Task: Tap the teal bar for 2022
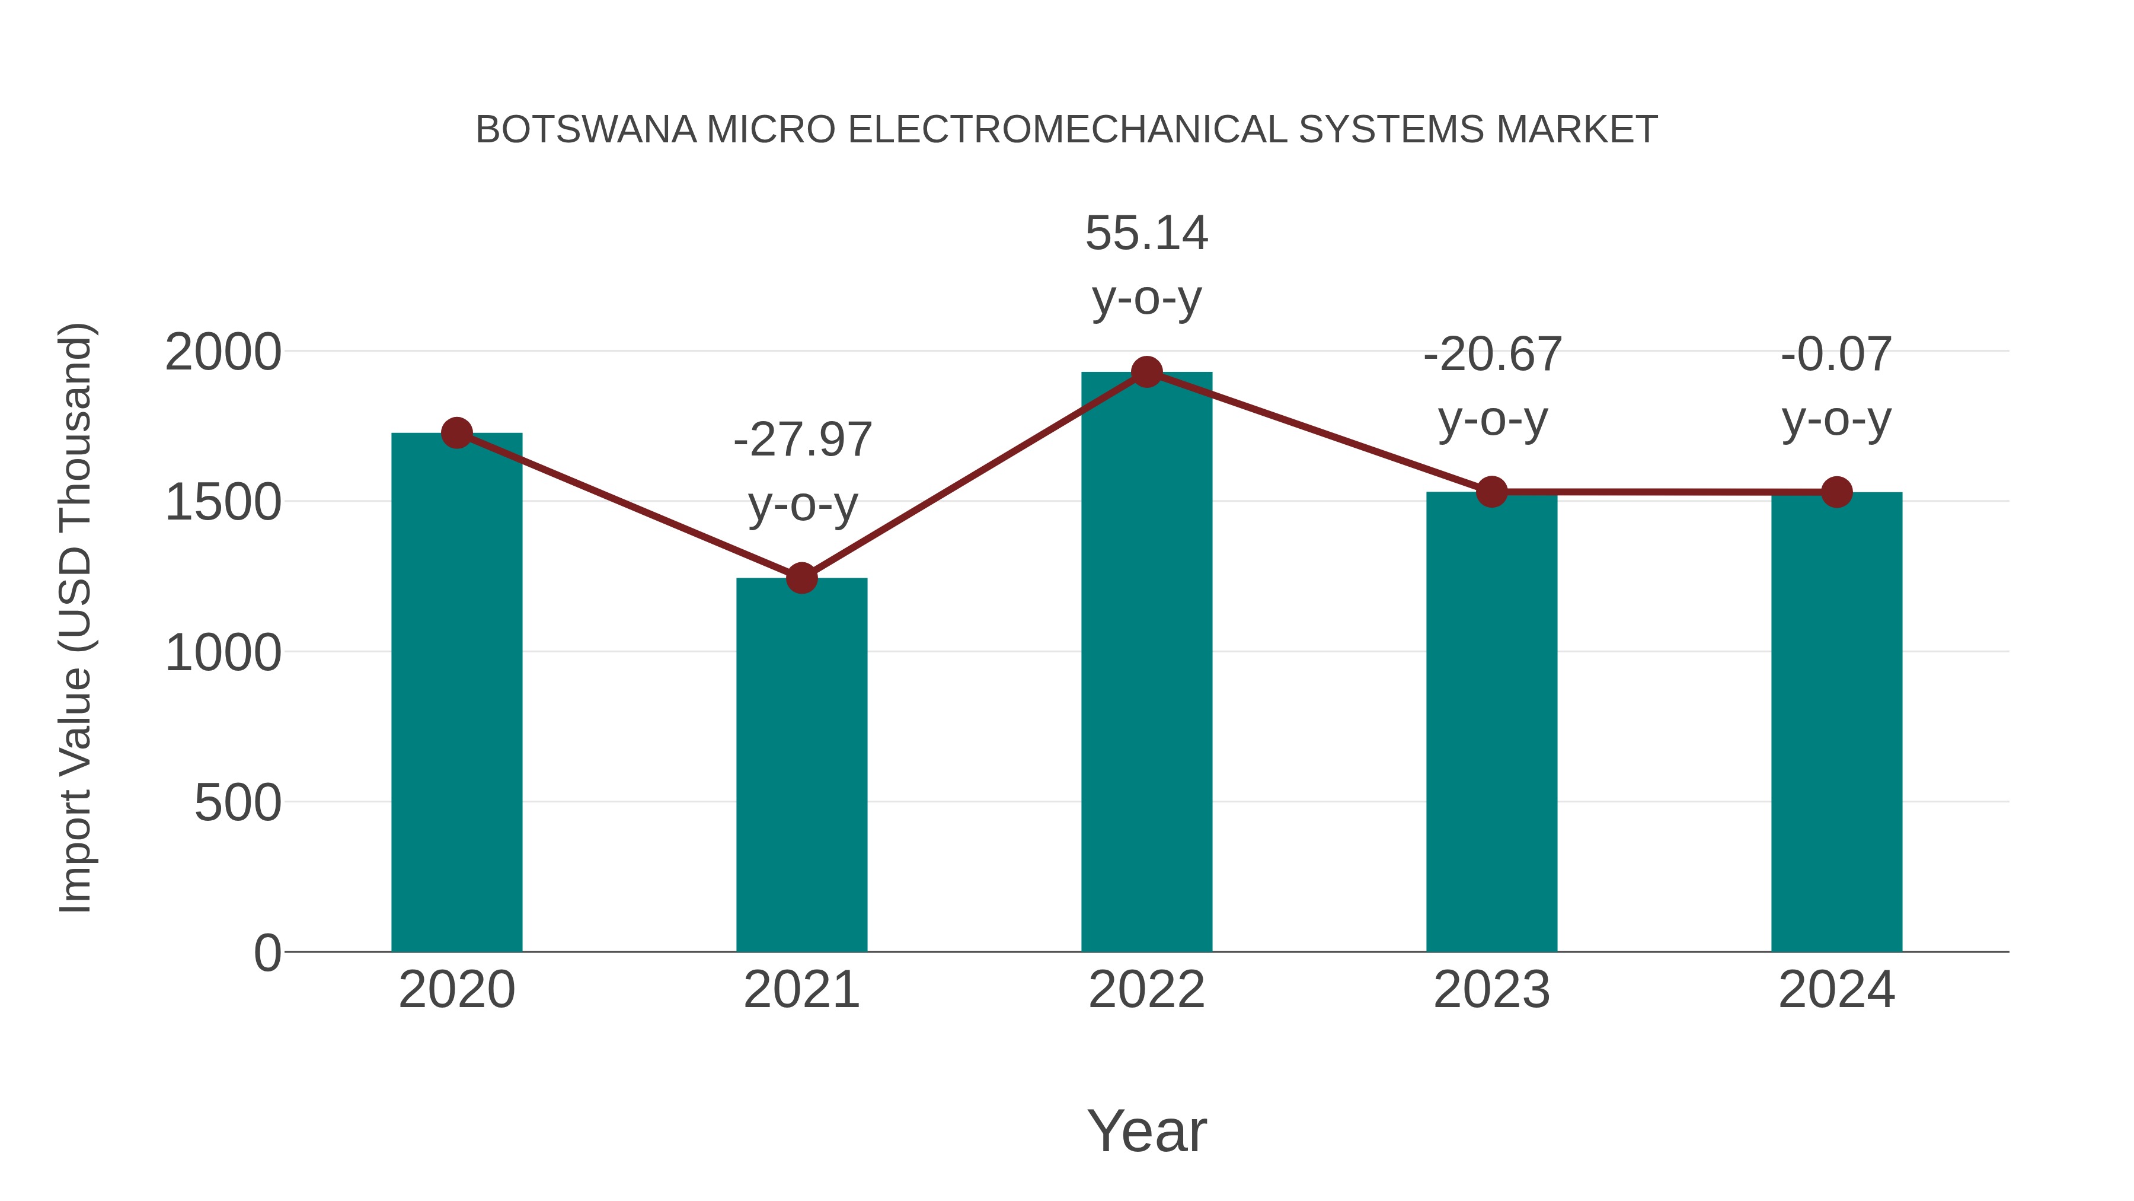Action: [1146, 663]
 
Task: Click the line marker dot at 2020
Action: [456, 433]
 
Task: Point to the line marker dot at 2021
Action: [801, 578]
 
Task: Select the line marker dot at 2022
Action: [1146, 372]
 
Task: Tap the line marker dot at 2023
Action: [1491, 492]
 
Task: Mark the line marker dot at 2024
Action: [1836, 492]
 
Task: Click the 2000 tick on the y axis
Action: [223, 353]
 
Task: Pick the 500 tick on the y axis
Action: [238, 803]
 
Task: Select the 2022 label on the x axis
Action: [1146, 990]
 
